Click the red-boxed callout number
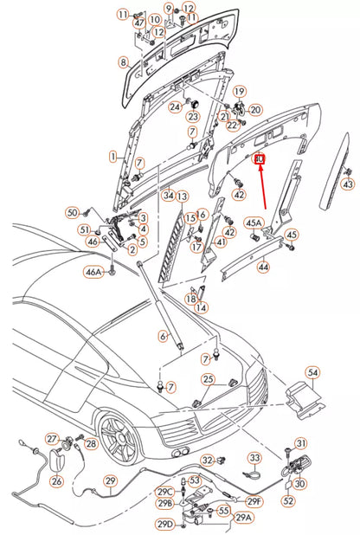[x=258, y=159]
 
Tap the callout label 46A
[x=93, y=272]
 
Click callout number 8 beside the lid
[x=123, y=61]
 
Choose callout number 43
[x=348, y=184]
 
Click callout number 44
[x=263, y=268]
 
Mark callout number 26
[x=56, y=481]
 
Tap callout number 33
[x=254, y=457]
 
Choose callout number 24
[x=174, y=106]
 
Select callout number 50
[x=73, y=211]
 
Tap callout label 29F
[x=254, y=500]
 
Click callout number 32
[x=207, y=460]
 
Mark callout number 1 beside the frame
[x=112, y=157]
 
